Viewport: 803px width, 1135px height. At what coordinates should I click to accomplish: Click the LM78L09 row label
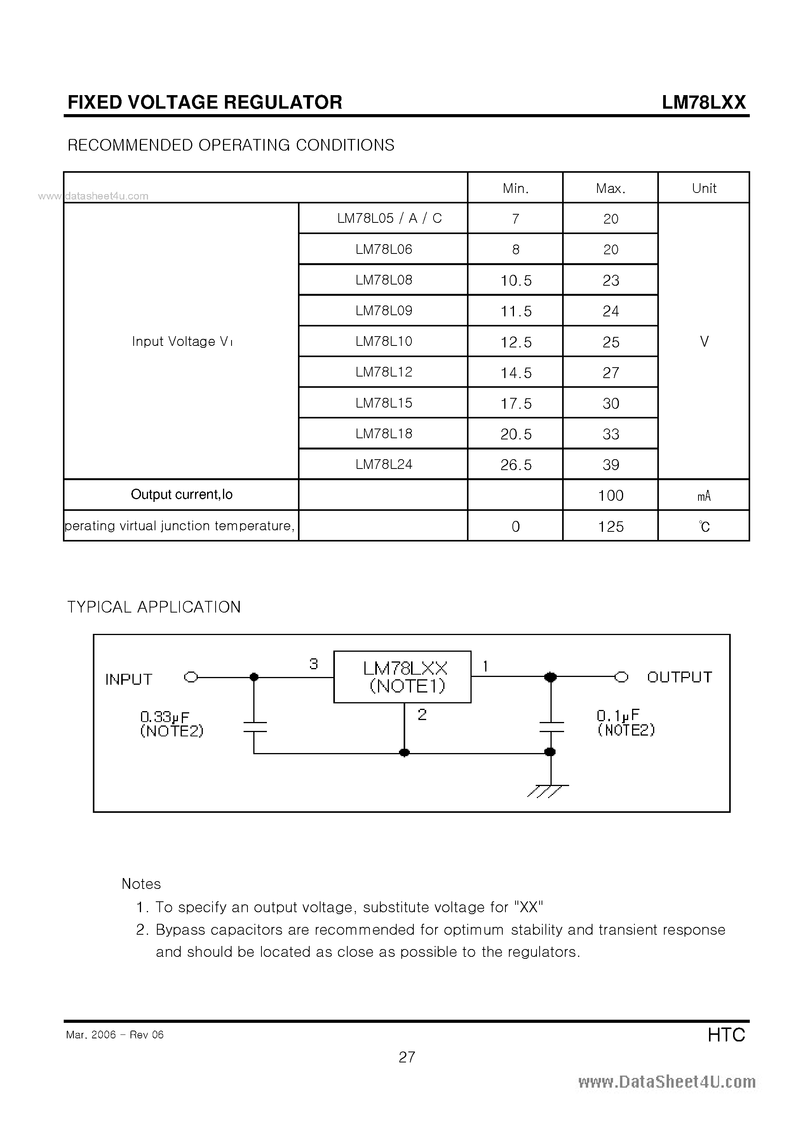click(383, 311)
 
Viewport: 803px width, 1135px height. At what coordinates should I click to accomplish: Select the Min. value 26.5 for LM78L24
click(516, 465)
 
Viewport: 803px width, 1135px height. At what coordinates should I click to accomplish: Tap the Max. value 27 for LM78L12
click(611, 373)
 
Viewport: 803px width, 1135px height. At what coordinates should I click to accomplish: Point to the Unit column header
click(704, 188)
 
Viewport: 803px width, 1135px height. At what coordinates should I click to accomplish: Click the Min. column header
click(516, 188)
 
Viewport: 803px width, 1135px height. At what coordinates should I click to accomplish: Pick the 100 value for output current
click(611, 495)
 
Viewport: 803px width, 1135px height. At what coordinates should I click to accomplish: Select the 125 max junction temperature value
click(611, 526)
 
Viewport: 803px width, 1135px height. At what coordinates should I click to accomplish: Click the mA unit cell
click(704, 496)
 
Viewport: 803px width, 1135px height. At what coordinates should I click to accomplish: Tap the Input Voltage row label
click(181, 341)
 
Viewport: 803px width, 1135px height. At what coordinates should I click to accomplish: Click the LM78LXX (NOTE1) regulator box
click(402, 677)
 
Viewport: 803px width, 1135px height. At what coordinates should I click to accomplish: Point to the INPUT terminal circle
click(191, 677)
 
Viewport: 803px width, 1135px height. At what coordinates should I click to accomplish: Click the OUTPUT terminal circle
click(622, 677)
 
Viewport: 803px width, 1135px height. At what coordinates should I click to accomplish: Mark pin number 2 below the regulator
click(422, 714)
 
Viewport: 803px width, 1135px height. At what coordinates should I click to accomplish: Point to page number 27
click(407, 1057)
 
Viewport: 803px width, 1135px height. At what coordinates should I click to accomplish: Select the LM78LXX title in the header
click(704, 102)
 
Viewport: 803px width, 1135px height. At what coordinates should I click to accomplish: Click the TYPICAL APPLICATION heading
click(154, 607)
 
